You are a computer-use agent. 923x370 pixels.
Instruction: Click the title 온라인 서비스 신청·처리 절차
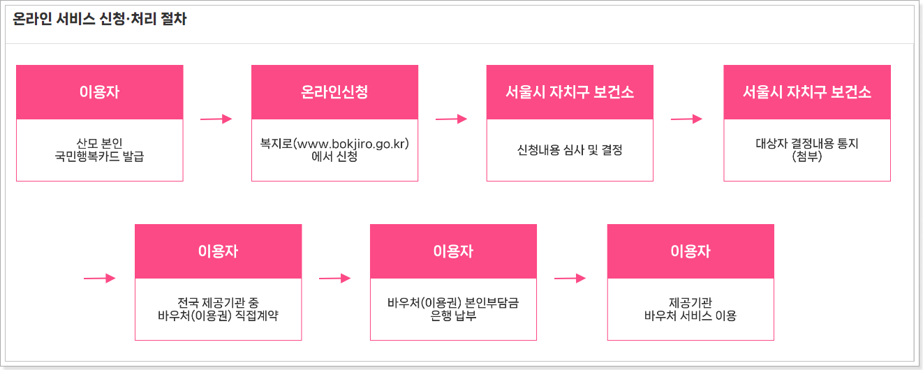click(x=100, y=20)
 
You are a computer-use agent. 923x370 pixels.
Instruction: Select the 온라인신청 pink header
click(x=334, y=92)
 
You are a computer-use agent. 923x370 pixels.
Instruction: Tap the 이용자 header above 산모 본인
click(x=99, y=92)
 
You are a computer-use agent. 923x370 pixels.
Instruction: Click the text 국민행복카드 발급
click(x=99, y=157)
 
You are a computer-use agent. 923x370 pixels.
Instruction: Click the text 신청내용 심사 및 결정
click(x=570, y=150)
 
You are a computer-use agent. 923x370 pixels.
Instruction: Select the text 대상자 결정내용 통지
click(x=806, y=145)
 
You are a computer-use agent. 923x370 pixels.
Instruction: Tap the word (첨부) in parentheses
click(x=806, y=157)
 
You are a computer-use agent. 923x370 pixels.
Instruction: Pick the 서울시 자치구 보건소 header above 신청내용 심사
click(x=570, y=92)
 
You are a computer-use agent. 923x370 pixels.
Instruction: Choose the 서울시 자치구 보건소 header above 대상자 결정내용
click(x=806, y=92)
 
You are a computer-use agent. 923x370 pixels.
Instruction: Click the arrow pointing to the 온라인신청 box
click(x=216, y=119)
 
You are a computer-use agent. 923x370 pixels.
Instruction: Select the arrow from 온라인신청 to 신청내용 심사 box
click(x=451, y=119)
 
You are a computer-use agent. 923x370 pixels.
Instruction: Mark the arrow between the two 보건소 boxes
click(x=686, y=119)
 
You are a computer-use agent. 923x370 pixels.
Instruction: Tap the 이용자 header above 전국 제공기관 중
click(x=218, y=251)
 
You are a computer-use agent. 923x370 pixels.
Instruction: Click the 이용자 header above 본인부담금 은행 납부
click(x=453, y=251)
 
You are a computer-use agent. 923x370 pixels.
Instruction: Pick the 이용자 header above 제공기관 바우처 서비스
click(x=691, y=251)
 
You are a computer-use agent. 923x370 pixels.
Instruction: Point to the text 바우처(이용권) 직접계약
click(x=218, y=316)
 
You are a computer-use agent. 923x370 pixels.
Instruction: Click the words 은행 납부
click(x=453, y=316)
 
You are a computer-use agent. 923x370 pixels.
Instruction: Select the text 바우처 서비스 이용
click(x=691, y=316)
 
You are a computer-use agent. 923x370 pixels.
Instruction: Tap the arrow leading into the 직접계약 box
click(x=99, y=279)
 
